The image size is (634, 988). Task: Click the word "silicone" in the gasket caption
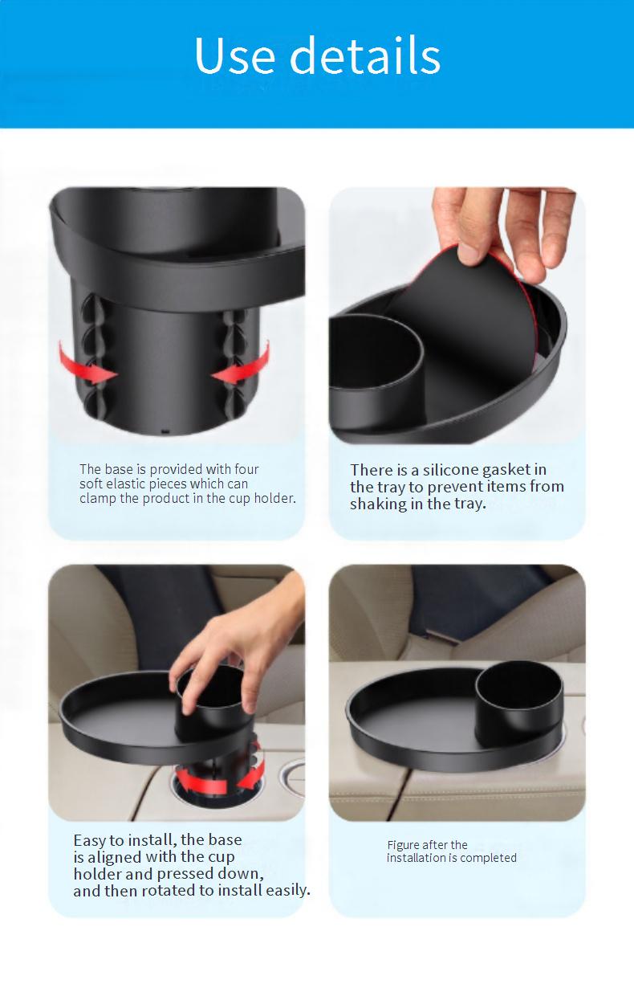[452, 470]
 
